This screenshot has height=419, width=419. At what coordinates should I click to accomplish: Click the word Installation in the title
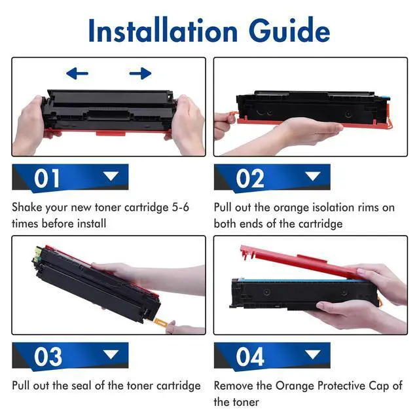pos(163,30)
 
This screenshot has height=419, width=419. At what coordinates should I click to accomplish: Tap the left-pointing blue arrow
pos(77,73)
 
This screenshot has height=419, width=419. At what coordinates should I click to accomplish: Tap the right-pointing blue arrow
pos(140,73)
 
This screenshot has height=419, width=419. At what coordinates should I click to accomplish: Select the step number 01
pos(46,179)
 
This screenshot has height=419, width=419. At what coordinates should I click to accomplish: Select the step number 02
pos(250,179)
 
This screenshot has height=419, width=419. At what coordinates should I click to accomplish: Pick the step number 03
pos(48,357)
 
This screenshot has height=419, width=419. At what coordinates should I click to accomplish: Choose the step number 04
pos(250,357)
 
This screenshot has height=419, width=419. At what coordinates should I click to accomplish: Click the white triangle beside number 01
pos(111,176)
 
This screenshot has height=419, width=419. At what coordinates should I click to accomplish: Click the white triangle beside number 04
pos(313,355)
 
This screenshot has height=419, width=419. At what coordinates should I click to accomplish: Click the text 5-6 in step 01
pos(181,208)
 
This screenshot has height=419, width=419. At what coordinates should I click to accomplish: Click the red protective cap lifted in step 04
pos(299,263)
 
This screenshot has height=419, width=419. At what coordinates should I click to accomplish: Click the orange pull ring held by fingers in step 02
pos(232,115)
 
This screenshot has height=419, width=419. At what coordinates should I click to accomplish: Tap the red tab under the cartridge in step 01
pos(111,133)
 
